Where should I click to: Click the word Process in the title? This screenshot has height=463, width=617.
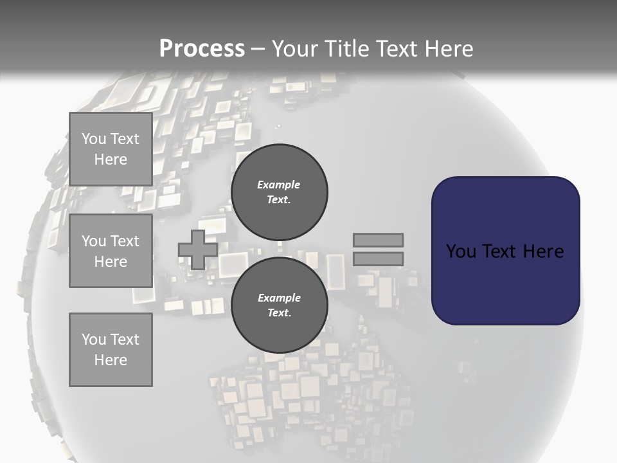(202, 48)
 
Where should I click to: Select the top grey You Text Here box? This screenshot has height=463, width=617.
(111, 149)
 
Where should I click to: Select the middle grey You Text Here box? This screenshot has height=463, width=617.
(111, 251)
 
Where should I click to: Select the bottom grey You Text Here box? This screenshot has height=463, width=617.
(111, 350)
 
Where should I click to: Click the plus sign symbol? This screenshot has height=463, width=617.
(197, 250)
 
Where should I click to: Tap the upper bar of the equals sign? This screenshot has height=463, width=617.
(378, 241)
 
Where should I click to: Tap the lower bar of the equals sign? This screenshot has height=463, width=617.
(378, 259)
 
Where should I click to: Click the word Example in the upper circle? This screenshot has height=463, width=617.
(278, 185)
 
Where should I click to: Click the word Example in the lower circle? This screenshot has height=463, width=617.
(279, 298)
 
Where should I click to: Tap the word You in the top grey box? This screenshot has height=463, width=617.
(93, 139)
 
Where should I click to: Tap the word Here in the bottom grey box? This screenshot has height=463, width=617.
(111, 360)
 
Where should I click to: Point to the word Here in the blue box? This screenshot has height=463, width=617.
(543, 251)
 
